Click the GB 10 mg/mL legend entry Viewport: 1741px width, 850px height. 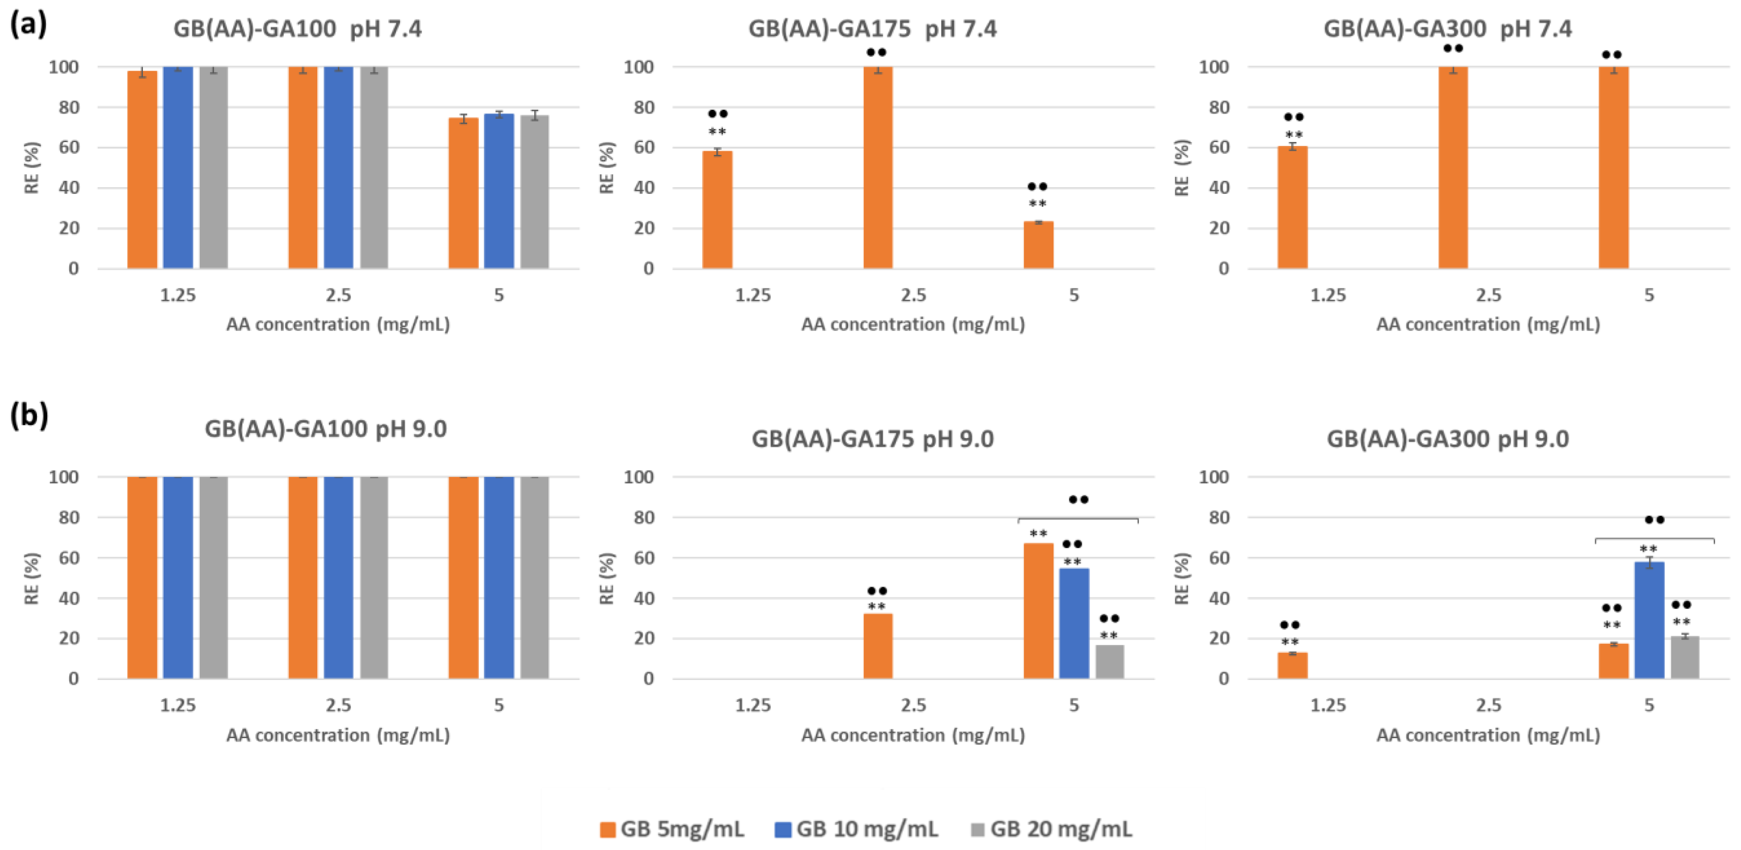pos(857,828)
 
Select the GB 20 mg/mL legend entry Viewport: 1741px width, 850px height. pos(1052,828)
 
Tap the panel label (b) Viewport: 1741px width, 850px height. pos(28,414)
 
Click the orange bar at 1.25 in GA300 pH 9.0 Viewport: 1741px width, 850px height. pos(1292,665)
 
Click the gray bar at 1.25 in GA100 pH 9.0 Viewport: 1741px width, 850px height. pos(214,578)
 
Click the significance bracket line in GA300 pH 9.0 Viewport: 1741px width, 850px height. pos(1654,538)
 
